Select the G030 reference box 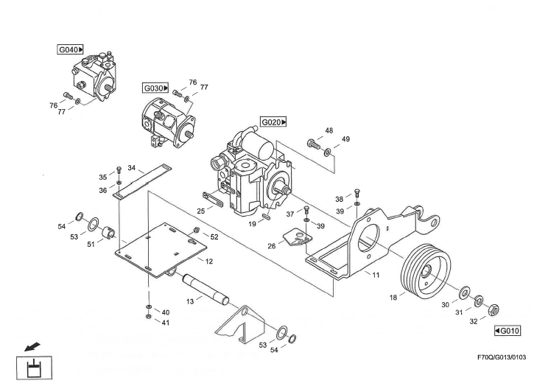[156, 88]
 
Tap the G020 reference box [273, 121]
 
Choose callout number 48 [329, 130]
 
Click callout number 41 [166, 323]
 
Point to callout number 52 [214, 236]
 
